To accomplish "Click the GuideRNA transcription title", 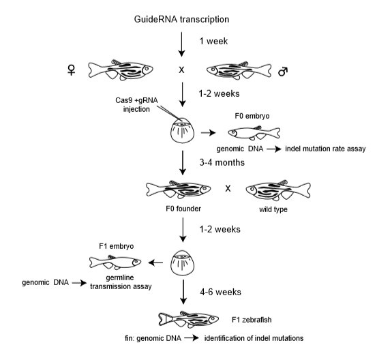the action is point(181,20).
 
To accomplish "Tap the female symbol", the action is point(72,70).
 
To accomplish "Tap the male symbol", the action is point(283,71).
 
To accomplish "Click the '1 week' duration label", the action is point(213,41).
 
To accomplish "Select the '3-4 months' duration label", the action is point(222,162).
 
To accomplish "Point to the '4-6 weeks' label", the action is point(220,292).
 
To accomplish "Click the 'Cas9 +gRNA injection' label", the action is point(136,104).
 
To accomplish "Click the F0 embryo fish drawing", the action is point(254,132).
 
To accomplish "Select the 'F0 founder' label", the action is point(183,209).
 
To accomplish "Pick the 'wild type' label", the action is point(273,209).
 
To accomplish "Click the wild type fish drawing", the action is point(278,190).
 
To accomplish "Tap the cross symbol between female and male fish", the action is point(181,70).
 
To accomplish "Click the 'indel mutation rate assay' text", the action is point(325,149).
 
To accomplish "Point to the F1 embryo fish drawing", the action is point(115,262).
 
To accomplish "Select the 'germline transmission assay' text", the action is point(121,282).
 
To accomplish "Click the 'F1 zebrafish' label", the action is point(252,320).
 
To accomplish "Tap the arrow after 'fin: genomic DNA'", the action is point(192,338).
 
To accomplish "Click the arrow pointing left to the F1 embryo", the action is point(155,262).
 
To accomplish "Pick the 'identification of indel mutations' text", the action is point(254,338).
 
